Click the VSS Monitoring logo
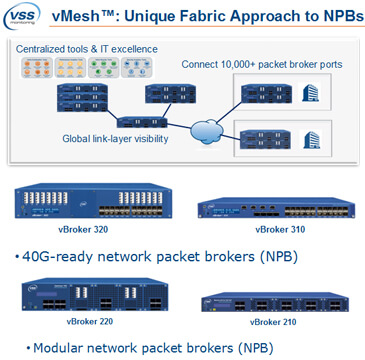[x=27, y=19]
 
